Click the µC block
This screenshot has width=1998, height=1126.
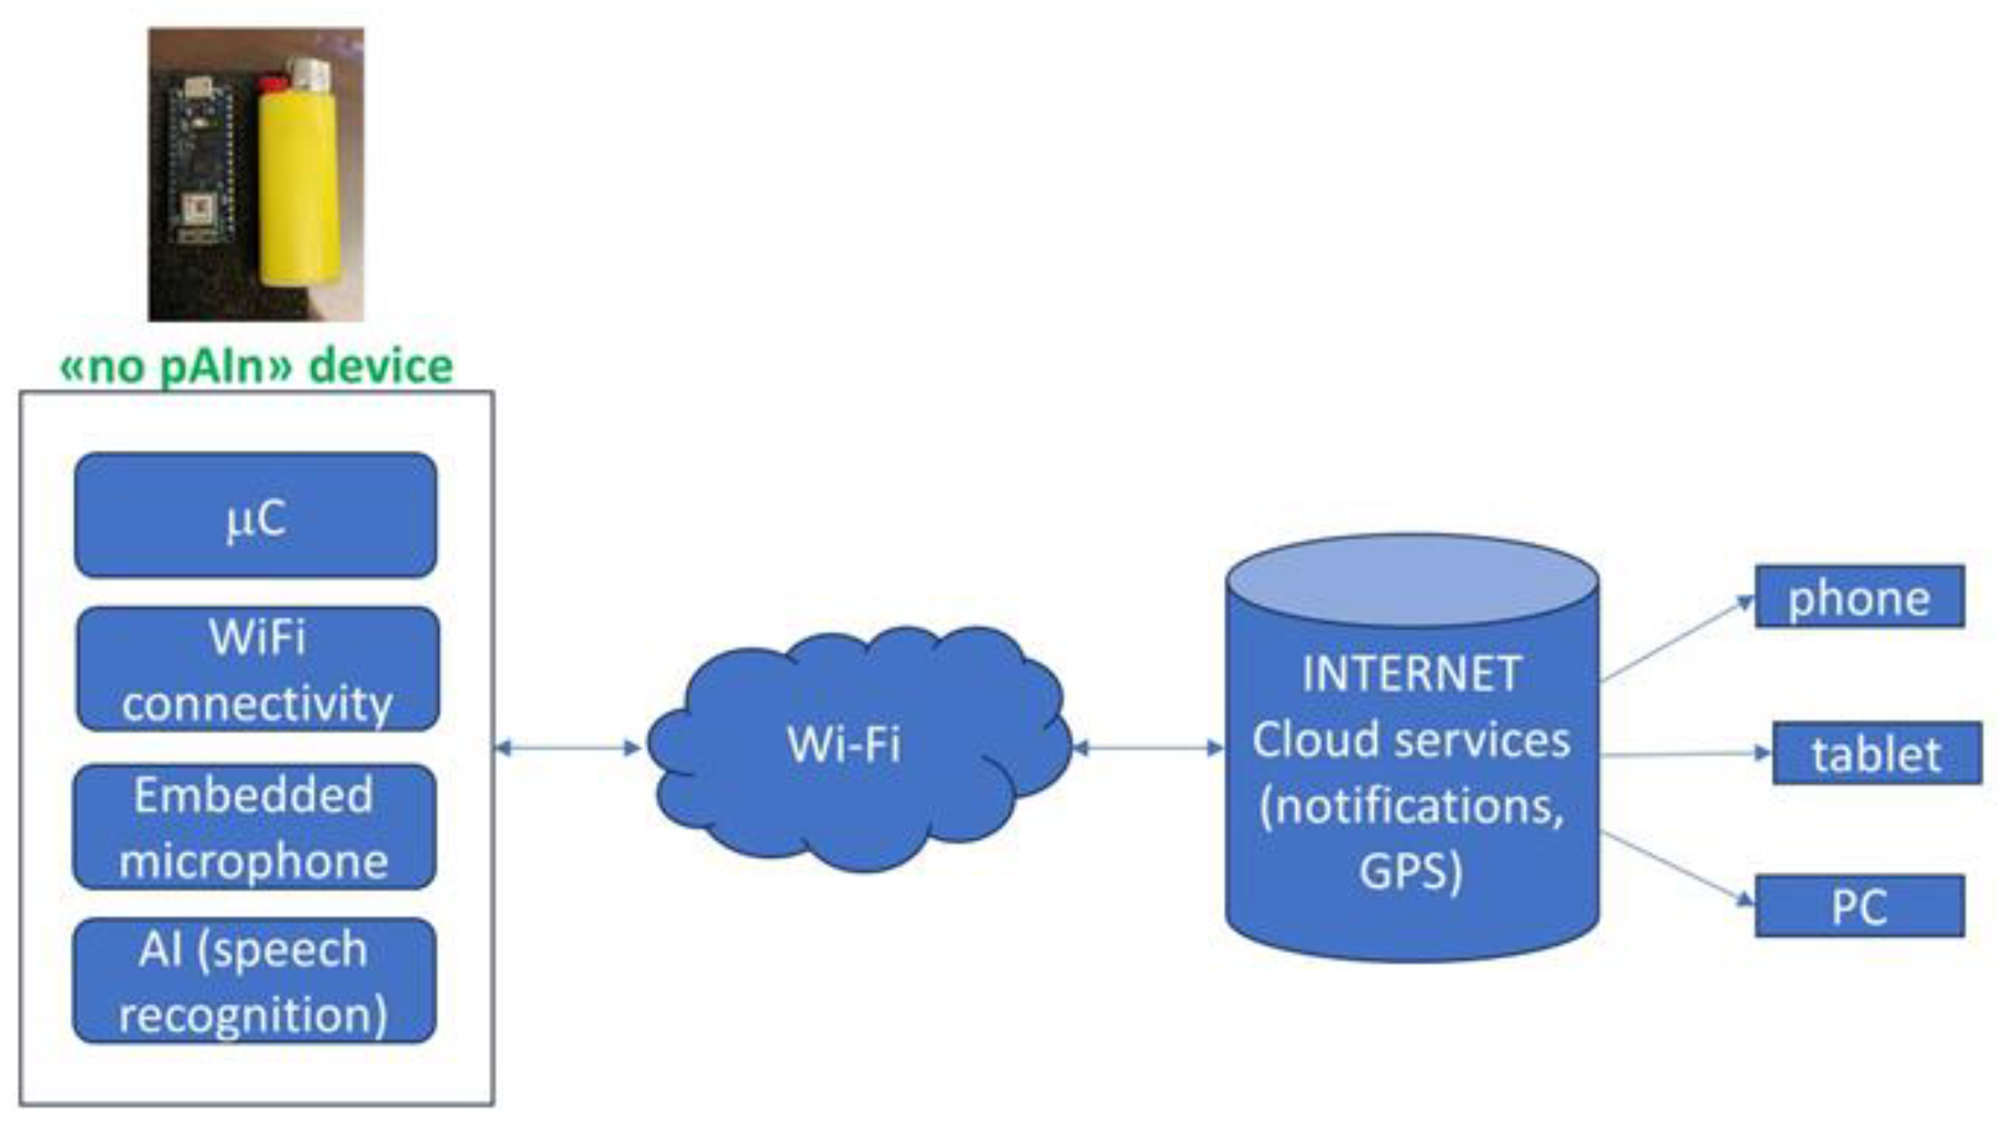point(255,516)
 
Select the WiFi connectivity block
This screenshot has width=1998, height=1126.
point(257,668)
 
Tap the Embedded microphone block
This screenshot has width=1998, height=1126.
point(255,827)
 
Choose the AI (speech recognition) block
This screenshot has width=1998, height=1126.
point(255,980)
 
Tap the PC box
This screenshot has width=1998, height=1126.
point(1860,906)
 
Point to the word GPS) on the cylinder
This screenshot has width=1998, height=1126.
point(1411,870)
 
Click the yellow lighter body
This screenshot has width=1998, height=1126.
point(299,186)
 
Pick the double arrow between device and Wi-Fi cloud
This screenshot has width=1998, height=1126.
point(568,747)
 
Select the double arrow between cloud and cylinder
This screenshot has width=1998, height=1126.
point(1148,747)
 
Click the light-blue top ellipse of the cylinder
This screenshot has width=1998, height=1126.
point(1412,580)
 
